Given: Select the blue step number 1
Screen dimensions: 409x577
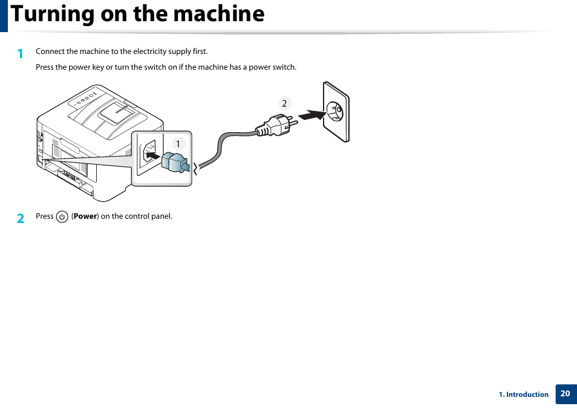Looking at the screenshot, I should point(21,53).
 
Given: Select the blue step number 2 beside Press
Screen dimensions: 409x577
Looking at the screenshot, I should point(21,218).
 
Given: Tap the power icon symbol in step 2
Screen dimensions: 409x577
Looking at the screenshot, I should point(62,216).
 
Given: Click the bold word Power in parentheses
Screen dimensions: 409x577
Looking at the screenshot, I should point(85,216).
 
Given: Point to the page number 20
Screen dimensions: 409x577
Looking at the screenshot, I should point(565,394).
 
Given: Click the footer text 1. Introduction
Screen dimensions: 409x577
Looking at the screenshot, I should point(523,394).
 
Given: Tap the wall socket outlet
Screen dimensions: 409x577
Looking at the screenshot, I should point(336,112).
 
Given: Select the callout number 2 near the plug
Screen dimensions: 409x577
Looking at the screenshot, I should point(284,103).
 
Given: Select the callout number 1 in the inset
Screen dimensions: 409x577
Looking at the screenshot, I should point(178,144).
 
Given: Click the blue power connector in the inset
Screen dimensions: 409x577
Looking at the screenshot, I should point(175,162).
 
